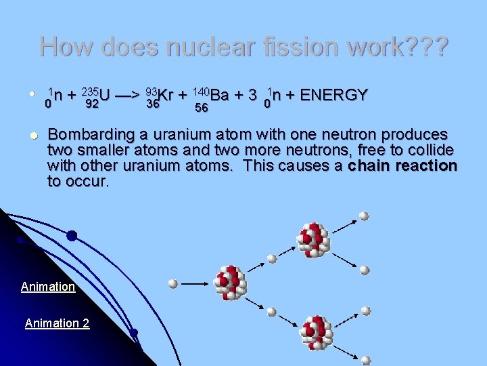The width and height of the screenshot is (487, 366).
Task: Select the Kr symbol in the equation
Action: pos(166,95)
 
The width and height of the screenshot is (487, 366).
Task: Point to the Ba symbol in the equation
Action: pos(219,95)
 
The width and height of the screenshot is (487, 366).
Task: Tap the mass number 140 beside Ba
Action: pos(201,91)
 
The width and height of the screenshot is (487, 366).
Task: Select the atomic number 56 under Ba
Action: pos(201,108)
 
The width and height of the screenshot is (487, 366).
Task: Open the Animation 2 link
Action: pos(57,323)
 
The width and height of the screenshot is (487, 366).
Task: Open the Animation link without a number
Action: pos(48,287)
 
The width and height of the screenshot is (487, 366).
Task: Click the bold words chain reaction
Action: pos(403,166)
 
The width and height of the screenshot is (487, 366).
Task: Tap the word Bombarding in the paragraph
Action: pos(89,134)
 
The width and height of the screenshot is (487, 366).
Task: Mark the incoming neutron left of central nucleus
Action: pos(173,283)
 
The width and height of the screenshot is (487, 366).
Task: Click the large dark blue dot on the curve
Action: pos(72,236)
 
